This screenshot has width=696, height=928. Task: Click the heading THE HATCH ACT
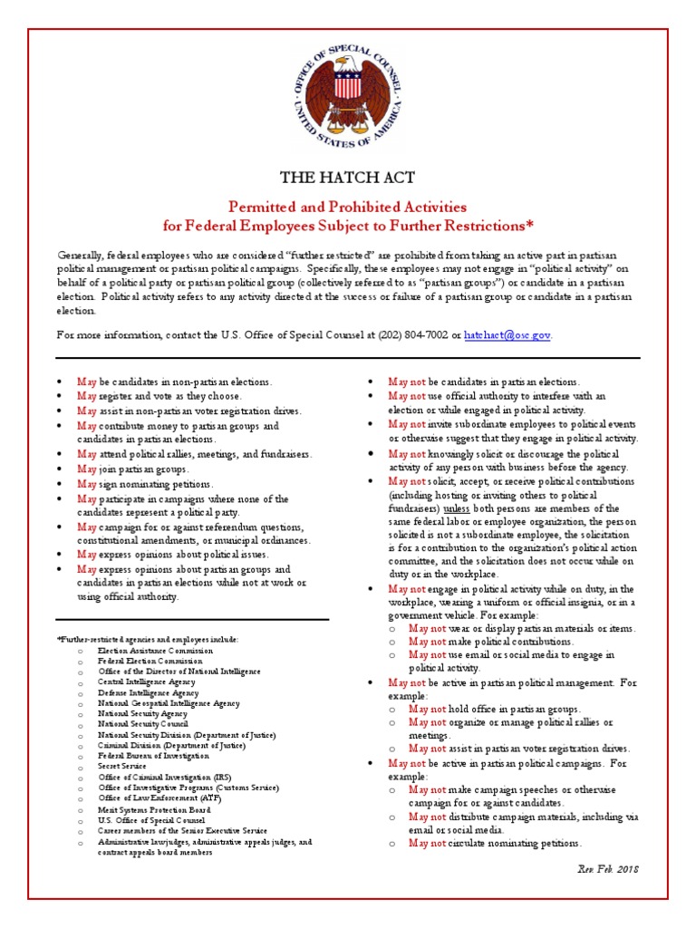point(347,177)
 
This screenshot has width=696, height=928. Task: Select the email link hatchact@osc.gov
point(507,334)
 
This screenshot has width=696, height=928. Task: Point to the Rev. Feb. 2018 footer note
point(608,868)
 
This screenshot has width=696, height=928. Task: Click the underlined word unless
point(456,508)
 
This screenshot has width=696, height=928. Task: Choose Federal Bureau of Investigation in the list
point(153,755)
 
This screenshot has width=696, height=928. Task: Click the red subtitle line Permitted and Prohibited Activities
point(347,208)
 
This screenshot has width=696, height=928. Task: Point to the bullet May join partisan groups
point(133,469)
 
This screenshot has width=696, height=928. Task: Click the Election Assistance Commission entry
point(156,650)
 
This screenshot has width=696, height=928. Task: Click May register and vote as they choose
point(159,396)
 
